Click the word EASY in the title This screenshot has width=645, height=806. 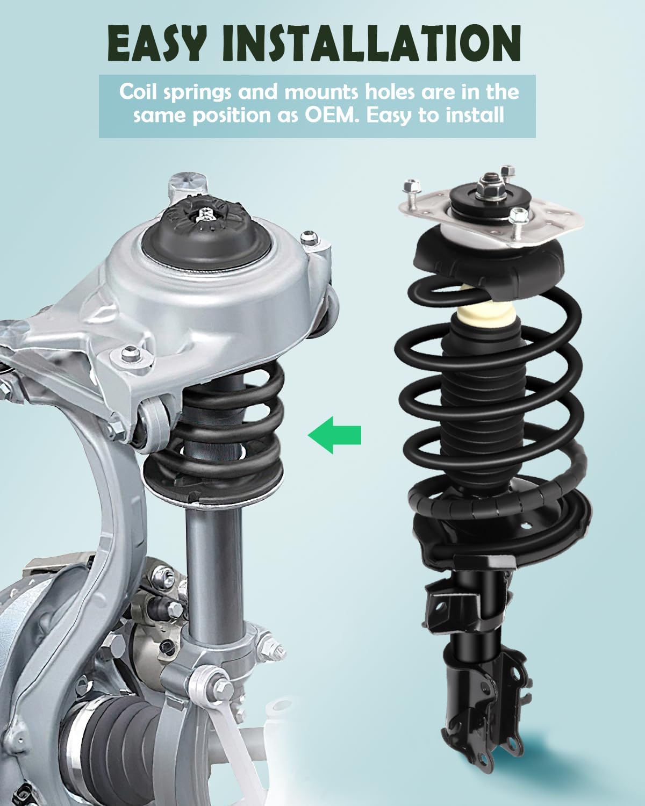pos(156,42)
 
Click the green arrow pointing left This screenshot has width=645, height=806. pos(334,434)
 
